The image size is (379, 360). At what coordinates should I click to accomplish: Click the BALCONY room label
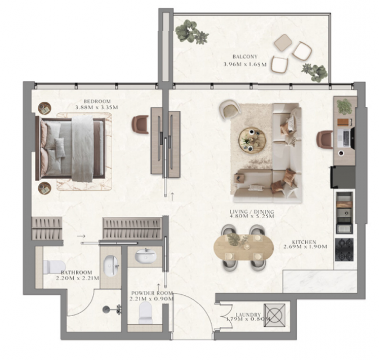[x=245, y=57]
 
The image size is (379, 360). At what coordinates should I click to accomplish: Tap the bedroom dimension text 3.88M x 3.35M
[x=96, y=107]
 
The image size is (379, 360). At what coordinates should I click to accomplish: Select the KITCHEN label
[x=304, y=242]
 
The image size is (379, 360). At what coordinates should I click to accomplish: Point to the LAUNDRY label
[x=248, y=314]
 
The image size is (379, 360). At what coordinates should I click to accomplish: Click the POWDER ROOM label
[x=152, y=293]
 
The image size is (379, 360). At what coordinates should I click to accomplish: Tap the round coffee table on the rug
[x=252, y=140]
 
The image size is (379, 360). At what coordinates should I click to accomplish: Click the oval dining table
[x=244, y=247]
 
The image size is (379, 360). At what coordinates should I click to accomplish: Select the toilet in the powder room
[x=145, y=313]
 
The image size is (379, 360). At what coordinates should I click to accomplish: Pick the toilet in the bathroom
[x=53, y=267]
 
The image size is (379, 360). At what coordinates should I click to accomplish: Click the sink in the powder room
[x=145, y=256]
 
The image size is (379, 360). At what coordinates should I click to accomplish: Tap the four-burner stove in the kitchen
[x=344, y=250]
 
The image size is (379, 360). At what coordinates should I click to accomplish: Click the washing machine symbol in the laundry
[x=274, y=315]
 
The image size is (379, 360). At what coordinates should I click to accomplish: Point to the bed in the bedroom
[x=70, y=148]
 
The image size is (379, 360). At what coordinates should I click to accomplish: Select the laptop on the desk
[x=344, y=138]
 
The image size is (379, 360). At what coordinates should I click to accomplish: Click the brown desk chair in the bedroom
[x=140, y=124]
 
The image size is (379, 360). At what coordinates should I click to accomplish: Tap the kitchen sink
[x=345, y=213]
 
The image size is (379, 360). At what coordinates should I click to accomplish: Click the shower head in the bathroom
[x=106, y=309]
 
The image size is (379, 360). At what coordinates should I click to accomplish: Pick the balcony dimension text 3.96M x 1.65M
[x=245, y=65]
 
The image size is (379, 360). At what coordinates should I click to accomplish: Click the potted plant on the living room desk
[x=345, y=106]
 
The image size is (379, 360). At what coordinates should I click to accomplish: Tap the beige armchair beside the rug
[x=230, y=109]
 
